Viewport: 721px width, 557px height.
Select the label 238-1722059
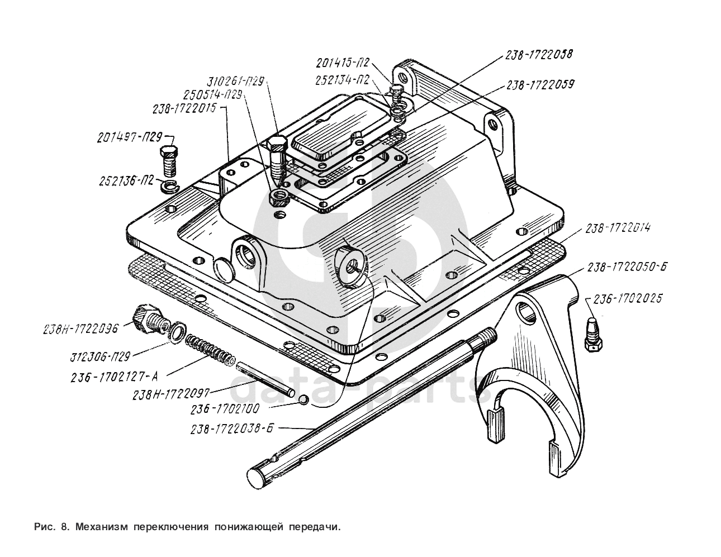(x=540, y=85)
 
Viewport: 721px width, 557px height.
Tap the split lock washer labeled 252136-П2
(x=170, y=185)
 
